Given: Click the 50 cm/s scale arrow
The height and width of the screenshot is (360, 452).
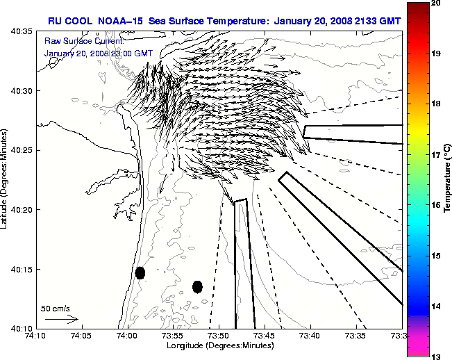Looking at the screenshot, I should pos(61,319).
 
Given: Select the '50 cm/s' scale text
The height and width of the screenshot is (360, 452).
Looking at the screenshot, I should pos(55,308).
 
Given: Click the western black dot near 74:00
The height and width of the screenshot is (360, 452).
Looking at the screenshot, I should pos(140,272).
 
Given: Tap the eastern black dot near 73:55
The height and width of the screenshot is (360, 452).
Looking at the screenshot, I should pos(197,286).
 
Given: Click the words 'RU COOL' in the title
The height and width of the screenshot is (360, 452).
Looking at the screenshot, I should pos(69,21).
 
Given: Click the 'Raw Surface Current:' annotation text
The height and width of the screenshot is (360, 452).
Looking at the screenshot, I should pos(76,41).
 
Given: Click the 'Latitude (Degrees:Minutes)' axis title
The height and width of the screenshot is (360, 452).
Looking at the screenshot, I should pos(6,179).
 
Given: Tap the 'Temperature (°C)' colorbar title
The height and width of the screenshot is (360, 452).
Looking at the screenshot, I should pos(447,179).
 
